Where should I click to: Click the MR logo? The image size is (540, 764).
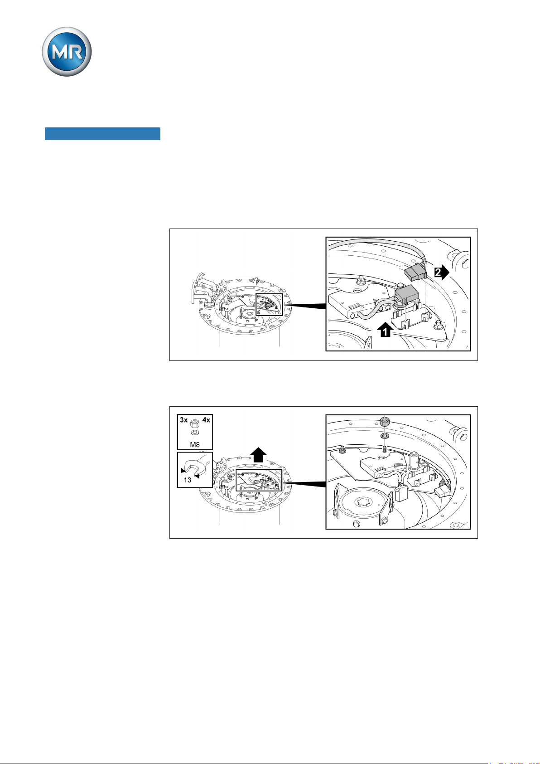tap(67, 52)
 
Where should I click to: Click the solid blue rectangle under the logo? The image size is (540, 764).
tap(102, 134)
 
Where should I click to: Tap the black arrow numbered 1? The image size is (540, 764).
tap(386, 329)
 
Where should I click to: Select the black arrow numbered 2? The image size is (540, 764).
tap(442, 272)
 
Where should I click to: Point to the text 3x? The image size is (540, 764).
tap(184, 420)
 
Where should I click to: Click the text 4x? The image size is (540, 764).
tap(206, 420)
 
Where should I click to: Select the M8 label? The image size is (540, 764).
tap(195, 445)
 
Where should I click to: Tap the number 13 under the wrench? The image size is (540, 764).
tap(188, 480)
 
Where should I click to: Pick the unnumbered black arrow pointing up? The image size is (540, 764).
tap(258, 454)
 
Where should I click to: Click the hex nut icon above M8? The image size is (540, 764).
tap(195, 423)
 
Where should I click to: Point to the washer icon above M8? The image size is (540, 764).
tap(195, 433)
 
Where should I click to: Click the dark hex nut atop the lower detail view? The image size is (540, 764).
tap(385, 422)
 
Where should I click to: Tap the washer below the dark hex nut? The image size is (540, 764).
tap(385, 436)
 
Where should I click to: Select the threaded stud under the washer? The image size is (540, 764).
tap(385, 449)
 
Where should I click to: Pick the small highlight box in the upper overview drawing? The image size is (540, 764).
tap(269, 305)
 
